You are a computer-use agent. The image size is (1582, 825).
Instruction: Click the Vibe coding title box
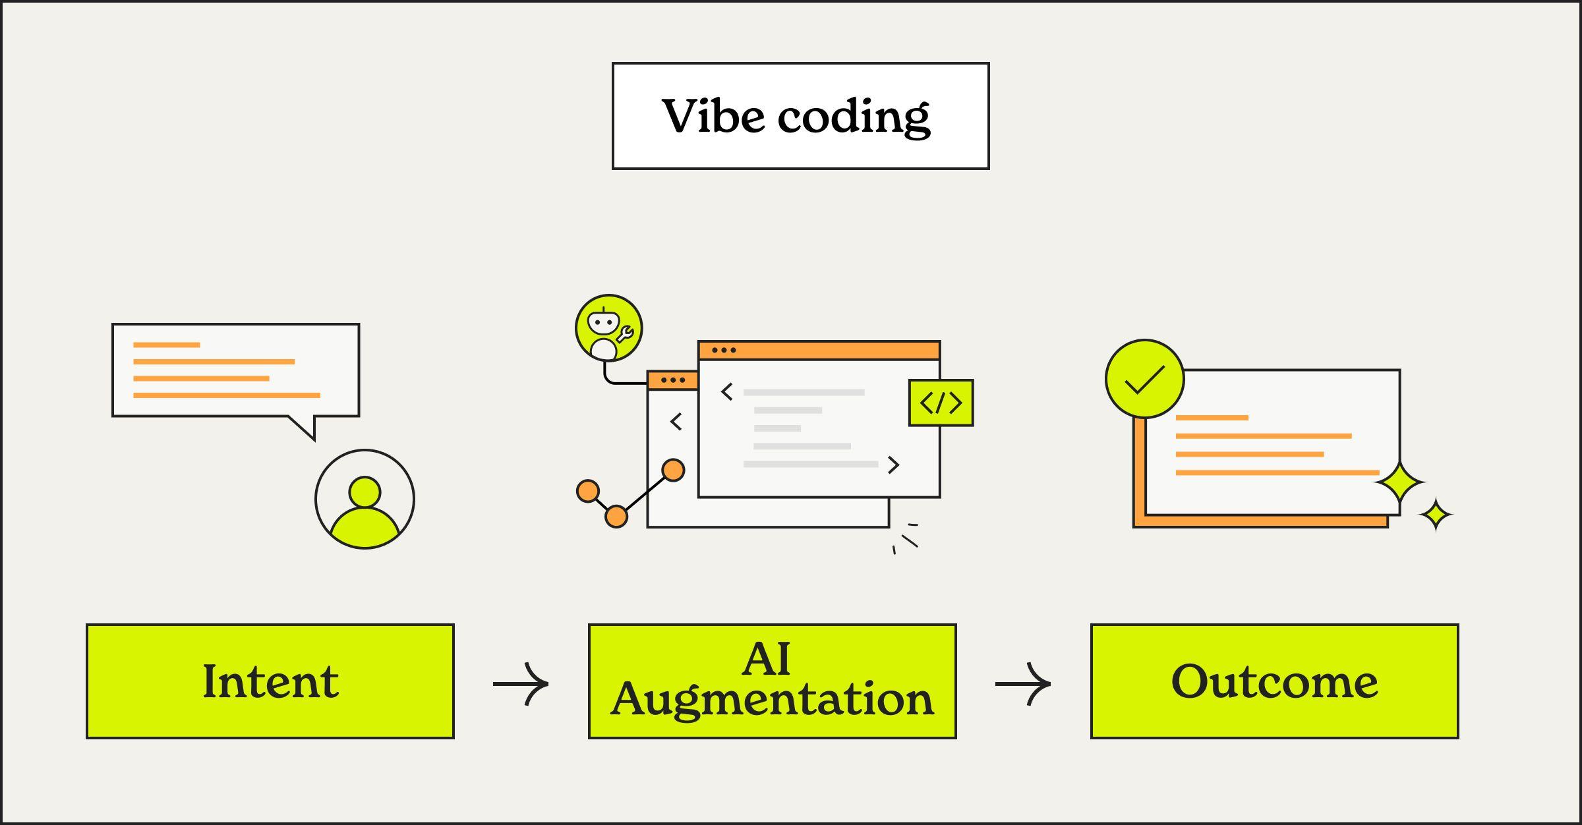click(x=800, y=116)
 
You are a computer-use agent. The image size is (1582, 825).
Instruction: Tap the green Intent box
click(x=270, y=681)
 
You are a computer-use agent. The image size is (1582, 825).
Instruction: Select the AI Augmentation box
click(x=773, y=681)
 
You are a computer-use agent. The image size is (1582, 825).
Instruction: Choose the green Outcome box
click(x=1275, y=681)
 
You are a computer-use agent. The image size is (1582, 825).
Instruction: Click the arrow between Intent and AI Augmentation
click(x=521, y=684)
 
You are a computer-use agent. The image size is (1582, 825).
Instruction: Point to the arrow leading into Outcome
click(x=1023, y=684)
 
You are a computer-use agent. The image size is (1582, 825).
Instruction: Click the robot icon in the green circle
click(x=608, y=328)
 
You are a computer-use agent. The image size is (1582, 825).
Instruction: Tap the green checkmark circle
click(x=1144, y=379)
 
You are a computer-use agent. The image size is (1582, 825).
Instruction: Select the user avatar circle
click(x=365, y=499)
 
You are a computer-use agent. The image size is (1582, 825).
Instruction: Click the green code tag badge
click(x=941, y=403)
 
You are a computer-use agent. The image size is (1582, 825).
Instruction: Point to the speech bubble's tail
click(x=305, y=427)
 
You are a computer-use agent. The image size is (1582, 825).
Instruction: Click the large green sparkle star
click(x=1399, y=484)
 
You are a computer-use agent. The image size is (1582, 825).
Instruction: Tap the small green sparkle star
click(x=1436, y=515)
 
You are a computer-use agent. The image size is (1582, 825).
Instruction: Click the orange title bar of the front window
click(x=819, y=350)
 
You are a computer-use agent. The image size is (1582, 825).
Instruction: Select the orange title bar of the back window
click(x=672, y=380)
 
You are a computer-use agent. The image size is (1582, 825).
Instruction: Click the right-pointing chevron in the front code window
click(x=893, y=465)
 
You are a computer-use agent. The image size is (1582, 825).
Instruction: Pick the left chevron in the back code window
click(x=676, y=422)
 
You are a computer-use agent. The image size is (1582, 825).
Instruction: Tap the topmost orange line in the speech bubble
click(x=166, y=345)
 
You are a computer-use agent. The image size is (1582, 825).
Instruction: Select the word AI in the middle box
click(x=766, y=658)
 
